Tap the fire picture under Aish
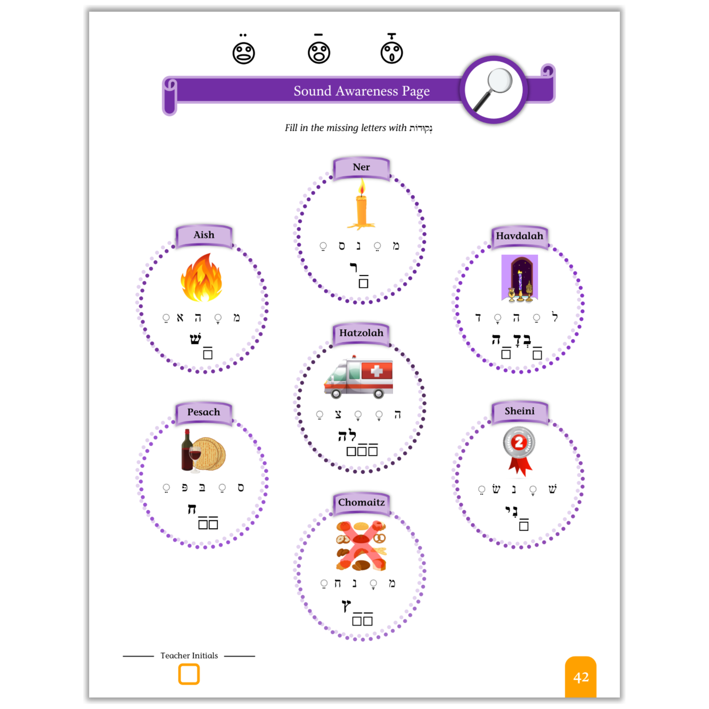201,277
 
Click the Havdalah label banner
519,236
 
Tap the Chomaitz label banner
361,502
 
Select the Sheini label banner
519,411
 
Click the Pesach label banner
204,412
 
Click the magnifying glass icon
493,89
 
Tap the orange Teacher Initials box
189,674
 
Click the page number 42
581,677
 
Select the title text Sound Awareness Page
361,91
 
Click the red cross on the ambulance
377,371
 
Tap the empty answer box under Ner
363,283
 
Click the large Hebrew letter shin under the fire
195,338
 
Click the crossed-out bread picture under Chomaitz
361,546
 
